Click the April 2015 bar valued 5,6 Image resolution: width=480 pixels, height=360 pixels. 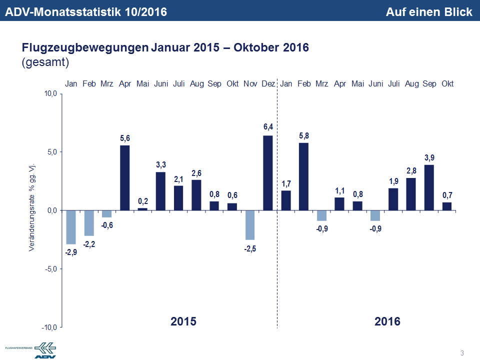[125, 177]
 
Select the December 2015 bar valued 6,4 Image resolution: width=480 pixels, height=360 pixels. [268, 172]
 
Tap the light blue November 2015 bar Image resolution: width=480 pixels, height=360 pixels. [250, 225]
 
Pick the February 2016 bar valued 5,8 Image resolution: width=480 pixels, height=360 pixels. [304, 176]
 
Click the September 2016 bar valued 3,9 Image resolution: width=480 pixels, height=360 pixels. [429, 187]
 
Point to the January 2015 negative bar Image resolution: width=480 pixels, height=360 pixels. [71, 227]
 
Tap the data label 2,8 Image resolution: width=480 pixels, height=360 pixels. [411, 170]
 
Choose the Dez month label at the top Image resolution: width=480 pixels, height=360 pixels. [268, 84]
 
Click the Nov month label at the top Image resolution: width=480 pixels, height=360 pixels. [250, 84]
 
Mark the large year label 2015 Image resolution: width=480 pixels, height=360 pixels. [183, 321]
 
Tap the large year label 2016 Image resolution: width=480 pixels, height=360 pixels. [387, 321]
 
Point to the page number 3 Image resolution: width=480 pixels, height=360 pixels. [462, 353]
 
